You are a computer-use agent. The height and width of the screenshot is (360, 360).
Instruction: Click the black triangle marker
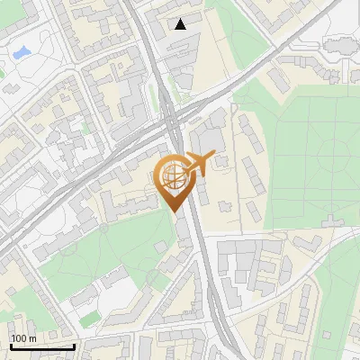point(181,24)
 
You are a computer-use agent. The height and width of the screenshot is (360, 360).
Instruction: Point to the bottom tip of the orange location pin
point(175,211)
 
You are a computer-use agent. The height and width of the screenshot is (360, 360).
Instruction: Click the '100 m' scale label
point(23,338)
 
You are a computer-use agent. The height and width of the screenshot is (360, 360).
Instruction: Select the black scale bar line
point(42,346)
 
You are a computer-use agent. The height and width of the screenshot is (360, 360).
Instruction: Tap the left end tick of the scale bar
point(11,345)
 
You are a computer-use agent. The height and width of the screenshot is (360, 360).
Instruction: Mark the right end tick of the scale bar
point(74,345)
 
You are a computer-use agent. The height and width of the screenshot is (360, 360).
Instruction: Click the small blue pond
point(21,53)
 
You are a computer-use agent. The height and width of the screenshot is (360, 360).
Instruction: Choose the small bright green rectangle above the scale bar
point(88,319)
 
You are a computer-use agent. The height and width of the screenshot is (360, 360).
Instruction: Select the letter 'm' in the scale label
point(31,338)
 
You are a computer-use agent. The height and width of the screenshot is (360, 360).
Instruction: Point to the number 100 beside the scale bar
point(19,338)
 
